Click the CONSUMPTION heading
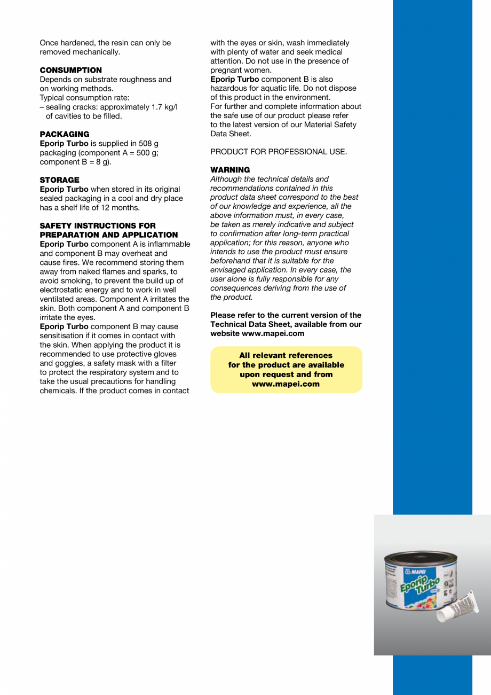click(x=70, y=70)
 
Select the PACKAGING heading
click(x=65, y=134)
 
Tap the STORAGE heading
click(x=59, y=180)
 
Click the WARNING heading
click(x=230, y=170)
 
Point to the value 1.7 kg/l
click(x=161, y=107)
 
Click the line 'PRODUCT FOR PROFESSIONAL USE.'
click(x=279, y=152)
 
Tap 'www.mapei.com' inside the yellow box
click(x=286, y=384)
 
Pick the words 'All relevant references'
click(x=286, y=355)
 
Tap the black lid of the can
click(x=421, y=558)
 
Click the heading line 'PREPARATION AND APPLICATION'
click(x=109, y=235)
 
